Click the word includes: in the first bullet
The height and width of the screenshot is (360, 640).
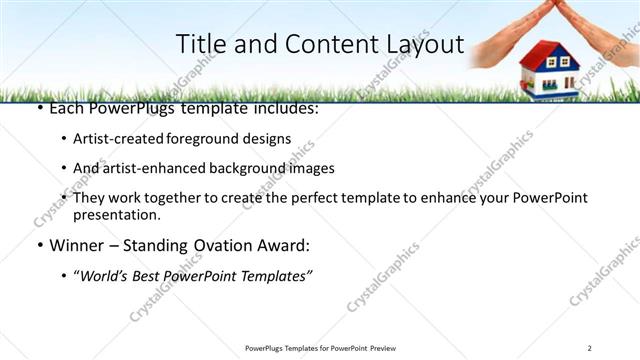tap(282, 107)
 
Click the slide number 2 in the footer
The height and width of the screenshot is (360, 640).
tap(590, 348)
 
